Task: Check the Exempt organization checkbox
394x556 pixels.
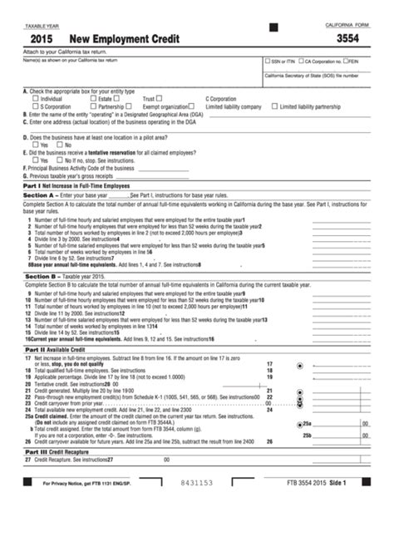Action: tap(191, 106)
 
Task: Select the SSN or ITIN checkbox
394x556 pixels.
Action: tap(266, 61)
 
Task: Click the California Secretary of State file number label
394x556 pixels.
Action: tap(312, 75)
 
